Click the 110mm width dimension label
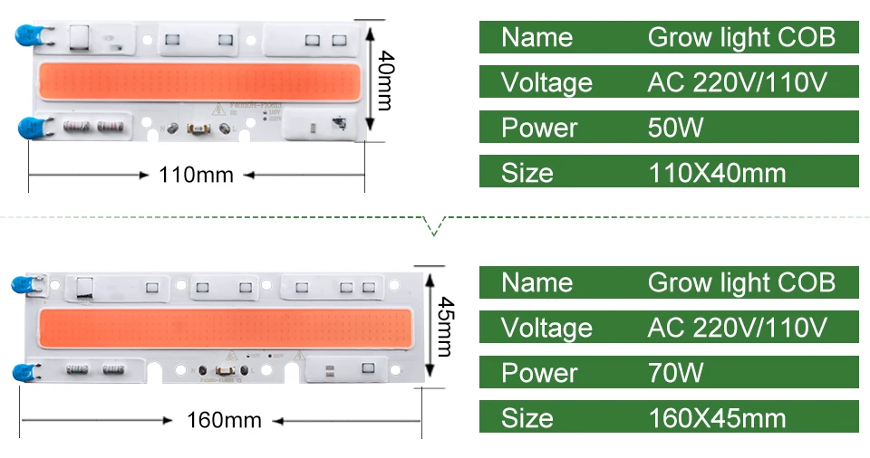[x=196, y=174]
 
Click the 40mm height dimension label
[x=384, y=80]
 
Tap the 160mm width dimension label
[x=224, y=420]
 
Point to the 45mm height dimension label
[x=444, y=327]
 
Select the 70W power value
[x=675, y=373]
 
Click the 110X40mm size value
[x=718, y=173]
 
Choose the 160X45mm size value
[x=718, y=418]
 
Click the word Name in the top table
[x=536, y=37]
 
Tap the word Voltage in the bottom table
[x=546, y=328]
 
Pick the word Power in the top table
[x=538, y=128]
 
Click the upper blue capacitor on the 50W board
[x=26, y=37]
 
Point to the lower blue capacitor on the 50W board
[x=28, y=127]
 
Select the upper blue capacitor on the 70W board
[x=24, y=284]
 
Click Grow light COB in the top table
[x=740, y=37]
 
